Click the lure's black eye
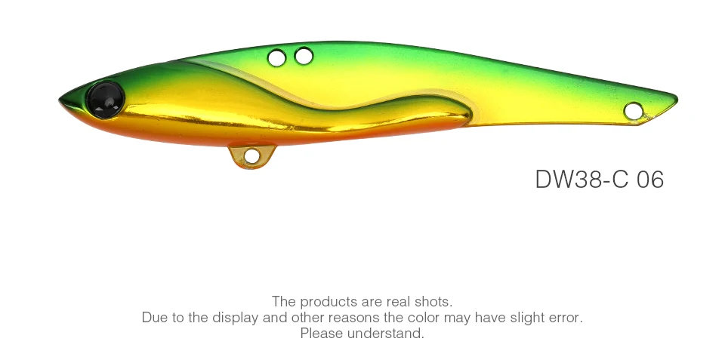106,100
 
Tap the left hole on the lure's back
276,58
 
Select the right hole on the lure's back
304,56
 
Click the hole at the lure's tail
633,111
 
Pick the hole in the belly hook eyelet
251,155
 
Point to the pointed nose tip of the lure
60,100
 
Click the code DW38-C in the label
582,180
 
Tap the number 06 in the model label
650,180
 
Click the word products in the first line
328,302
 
